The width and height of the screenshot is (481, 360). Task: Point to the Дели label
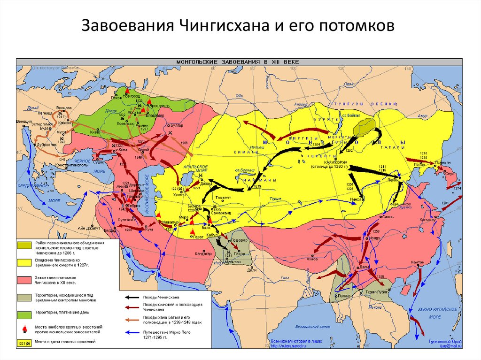coord(252,270)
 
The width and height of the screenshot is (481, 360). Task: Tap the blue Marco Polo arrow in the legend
coord(133,331)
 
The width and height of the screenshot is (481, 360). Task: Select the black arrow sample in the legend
coord(133,297)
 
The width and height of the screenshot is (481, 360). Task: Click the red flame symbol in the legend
coord(23,328)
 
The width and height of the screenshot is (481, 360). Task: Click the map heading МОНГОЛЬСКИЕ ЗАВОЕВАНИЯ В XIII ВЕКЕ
coord(240,61)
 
